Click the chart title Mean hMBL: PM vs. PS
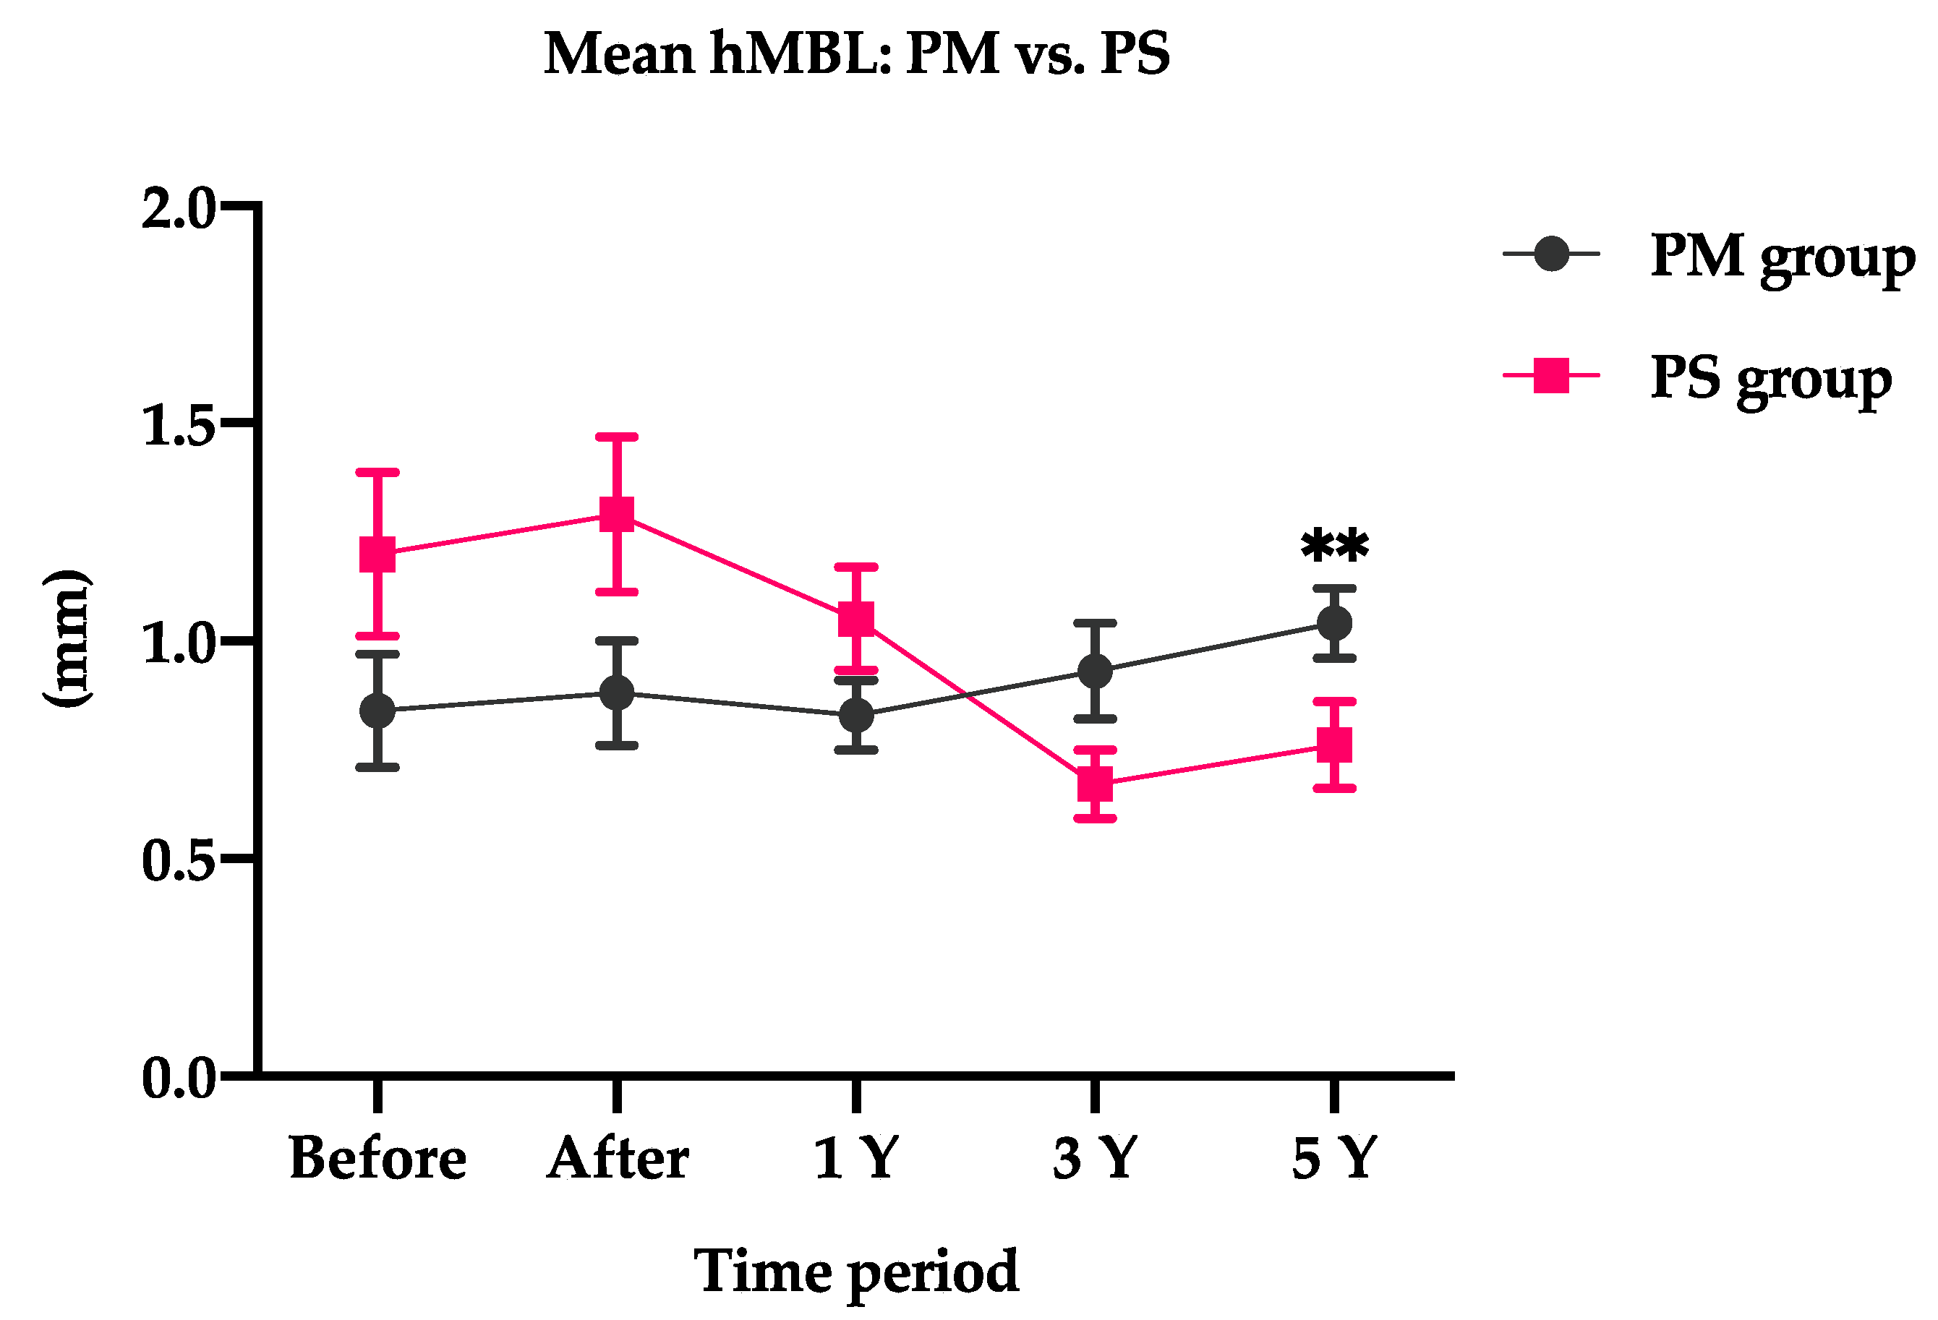[856, 53]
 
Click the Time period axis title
[856, 1271]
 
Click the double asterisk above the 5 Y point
[1334, 547]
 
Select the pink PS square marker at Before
[377, 554]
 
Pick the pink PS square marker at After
[617, 515]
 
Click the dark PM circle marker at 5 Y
[1334, 623]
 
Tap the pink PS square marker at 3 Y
[1095, 784]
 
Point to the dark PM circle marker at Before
[377, 711]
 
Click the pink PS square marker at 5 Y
[1334, 745]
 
